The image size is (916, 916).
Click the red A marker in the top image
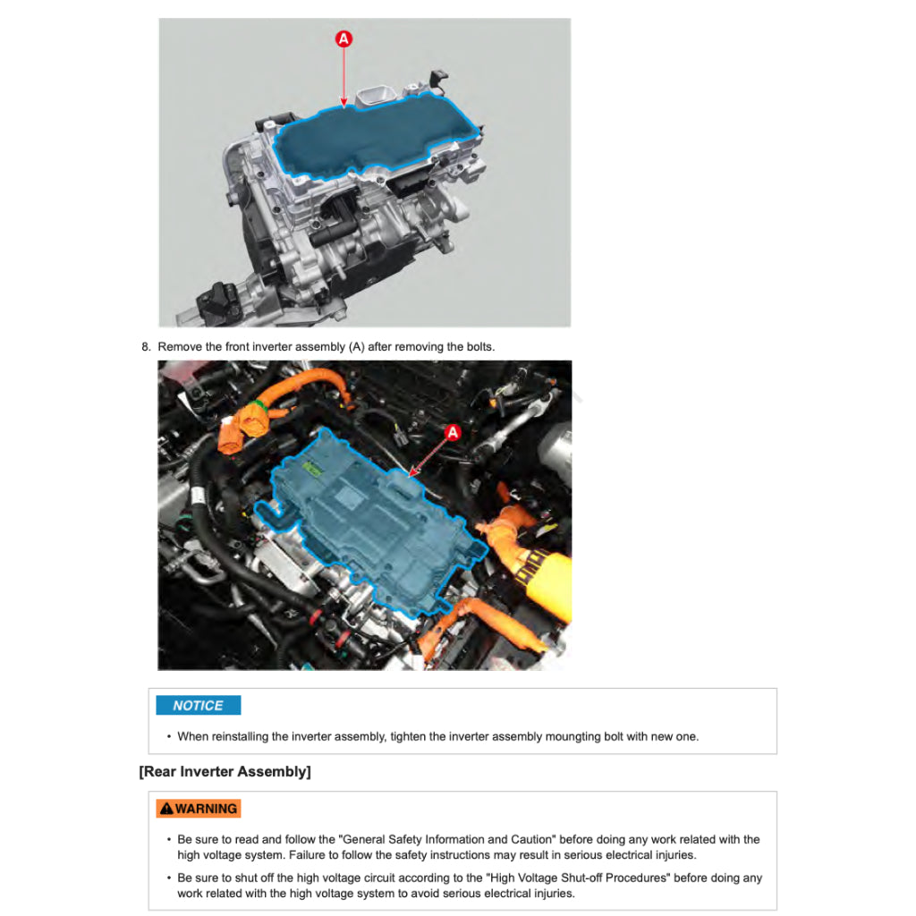click(343, 39)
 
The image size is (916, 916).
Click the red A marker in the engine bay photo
click(453, 433)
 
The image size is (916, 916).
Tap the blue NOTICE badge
click(198, 705)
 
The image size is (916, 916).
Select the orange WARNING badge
click(198, 808)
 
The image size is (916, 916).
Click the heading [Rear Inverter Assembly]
click(225, 772)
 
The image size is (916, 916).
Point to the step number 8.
click(146, 347)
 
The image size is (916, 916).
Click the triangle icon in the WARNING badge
click(166, 808)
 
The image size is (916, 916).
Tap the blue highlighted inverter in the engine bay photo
click(374, 520)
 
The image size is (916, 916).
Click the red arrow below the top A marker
click(343, 77)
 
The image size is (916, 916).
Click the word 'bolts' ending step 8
click(479, 347)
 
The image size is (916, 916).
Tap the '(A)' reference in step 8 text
click(356, 347)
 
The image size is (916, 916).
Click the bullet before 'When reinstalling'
click(169, 737)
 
